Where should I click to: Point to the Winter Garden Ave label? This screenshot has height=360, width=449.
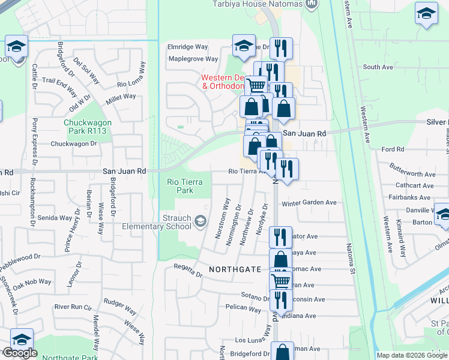pos(309,203)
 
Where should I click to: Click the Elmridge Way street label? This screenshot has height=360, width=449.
pos(188,47)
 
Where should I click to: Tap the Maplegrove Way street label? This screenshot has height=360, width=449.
pos(193,59)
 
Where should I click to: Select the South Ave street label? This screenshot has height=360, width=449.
pos(378,67)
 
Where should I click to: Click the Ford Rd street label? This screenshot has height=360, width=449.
pos(393,149)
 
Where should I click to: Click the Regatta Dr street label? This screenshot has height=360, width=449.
pos(187,269)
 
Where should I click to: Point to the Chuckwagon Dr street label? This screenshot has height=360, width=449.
pos(73,144)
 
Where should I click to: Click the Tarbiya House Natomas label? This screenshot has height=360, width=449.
pos(257,4)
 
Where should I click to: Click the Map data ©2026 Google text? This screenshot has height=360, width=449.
pos(411,355)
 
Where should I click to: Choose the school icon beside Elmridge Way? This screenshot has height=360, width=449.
pos(244,46)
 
